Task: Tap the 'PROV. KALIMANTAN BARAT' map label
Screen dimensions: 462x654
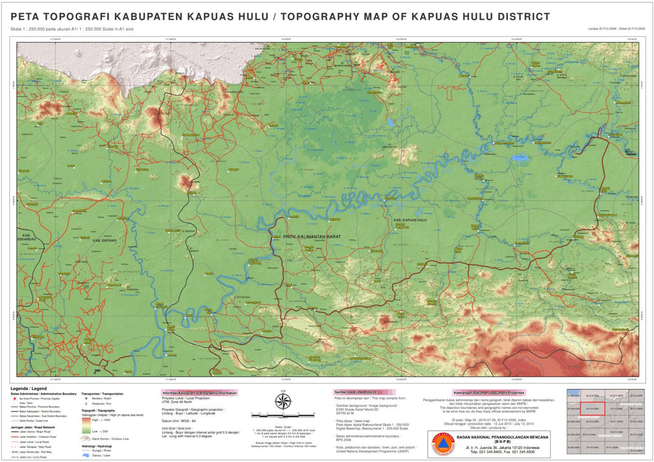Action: [x=312, y=236]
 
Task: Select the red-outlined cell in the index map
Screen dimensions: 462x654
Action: [x=591, y=408]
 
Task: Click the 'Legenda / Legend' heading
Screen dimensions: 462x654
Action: [x=25, y=387]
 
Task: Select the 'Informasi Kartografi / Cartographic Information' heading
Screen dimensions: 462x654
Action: [x=199, y=392]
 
